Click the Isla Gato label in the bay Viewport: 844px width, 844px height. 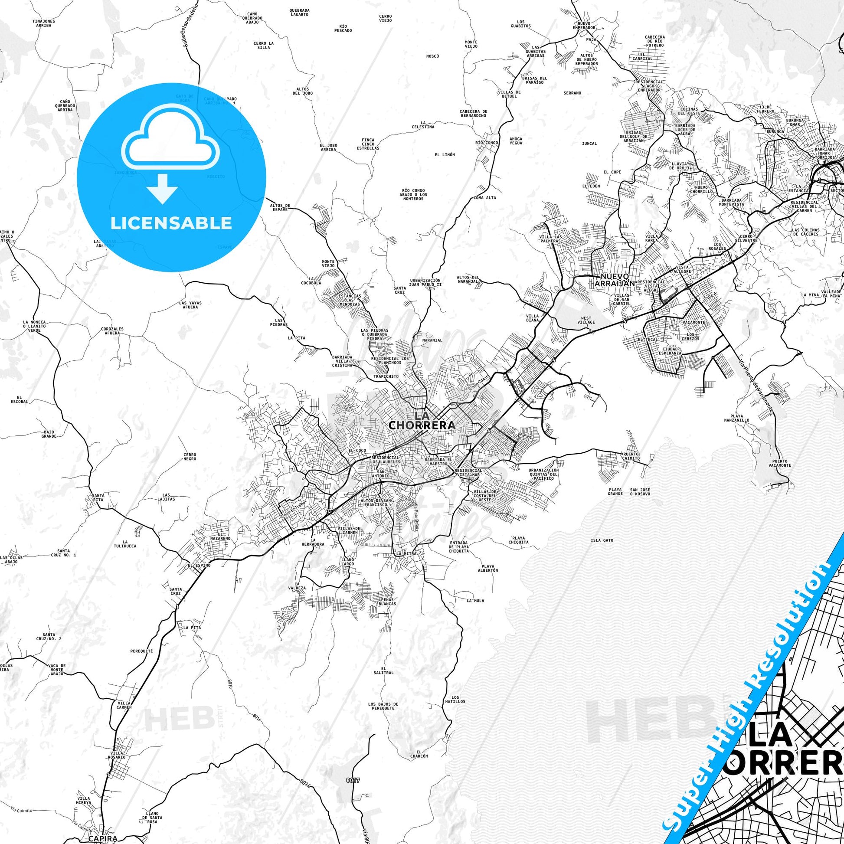pyautogui.click(x=602, y=540)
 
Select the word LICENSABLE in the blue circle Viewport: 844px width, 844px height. pyautogui.click(x=171, y=223)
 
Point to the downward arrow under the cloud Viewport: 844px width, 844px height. pyautogui.click(x=162, y=188)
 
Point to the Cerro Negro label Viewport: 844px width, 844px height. pyautogui.click(x=190, y=457)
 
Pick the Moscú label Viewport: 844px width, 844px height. pyautogui.click(x=432, y=56)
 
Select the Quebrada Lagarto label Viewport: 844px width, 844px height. pyautogui.click(x=299, y=12)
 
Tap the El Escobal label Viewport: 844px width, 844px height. pyautogui.click(x=19, y=399)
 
